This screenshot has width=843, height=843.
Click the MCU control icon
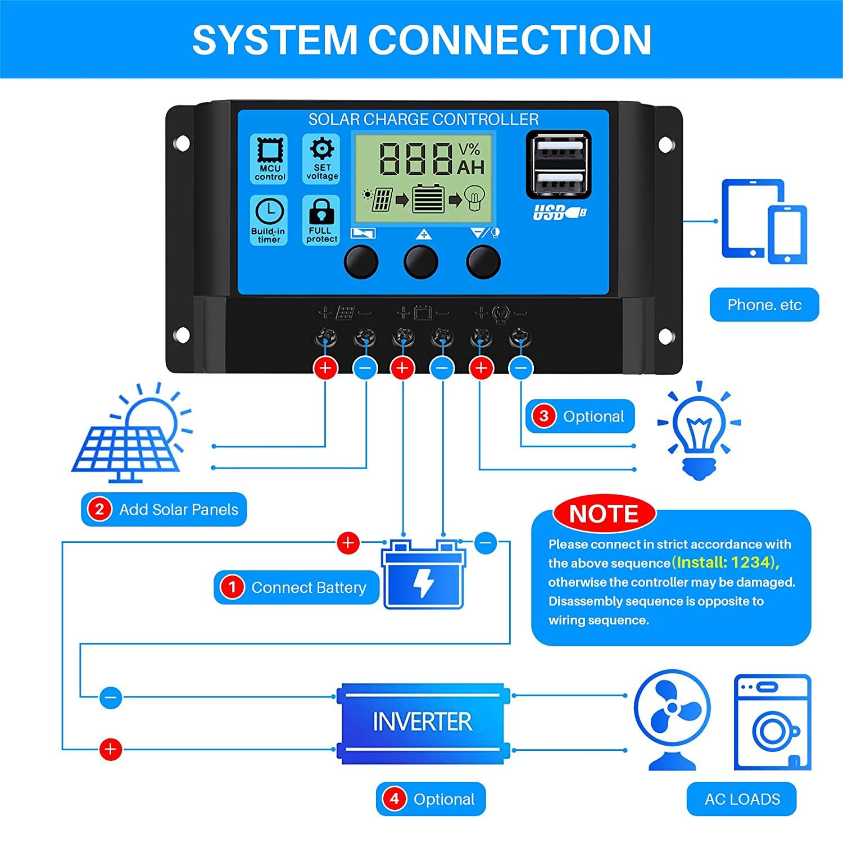269,149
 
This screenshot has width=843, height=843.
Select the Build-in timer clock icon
269,212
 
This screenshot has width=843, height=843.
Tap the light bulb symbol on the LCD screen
475,198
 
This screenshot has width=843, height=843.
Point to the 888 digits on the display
416,158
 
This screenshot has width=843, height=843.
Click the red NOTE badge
604,514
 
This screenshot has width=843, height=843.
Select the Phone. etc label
764,305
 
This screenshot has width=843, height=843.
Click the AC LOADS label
742,799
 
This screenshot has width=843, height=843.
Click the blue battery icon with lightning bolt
424,574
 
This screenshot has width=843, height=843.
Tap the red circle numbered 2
99,509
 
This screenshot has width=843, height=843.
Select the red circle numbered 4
394,799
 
